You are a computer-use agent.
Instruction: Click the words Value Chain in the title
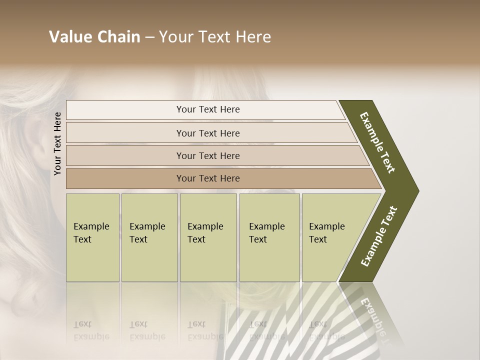(x=94, y=37)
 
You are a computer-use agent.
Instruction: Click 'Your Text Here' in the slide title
(x=215, y=37)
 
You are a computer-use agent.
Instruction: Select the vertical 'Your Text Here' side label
(x=57, y=143)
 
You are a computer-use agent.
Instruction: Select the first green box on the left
(x=92, y=260)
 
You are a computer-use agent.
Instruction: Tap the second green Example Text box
(x=149, y=260)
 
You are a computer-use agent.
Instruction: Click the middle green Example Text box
(x=208, y=260)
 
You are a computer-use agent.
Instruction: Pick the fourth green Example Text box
(x=269, y=260)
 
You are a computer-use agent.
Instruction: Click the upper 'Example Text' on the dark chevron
(x=377, y=142)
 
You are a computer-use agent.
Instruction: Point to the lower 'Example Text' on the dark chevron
(x=379, y=236)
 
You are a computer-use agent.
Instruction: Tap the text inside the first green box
(x=91, y=233)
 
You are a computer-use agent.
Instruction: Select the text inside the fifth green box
(x=326, y=233)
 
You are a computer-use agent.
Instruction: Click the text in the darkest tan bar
(x=208, y=178)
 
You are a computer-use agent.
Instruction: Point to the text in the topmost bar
(x=208, y=109)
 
